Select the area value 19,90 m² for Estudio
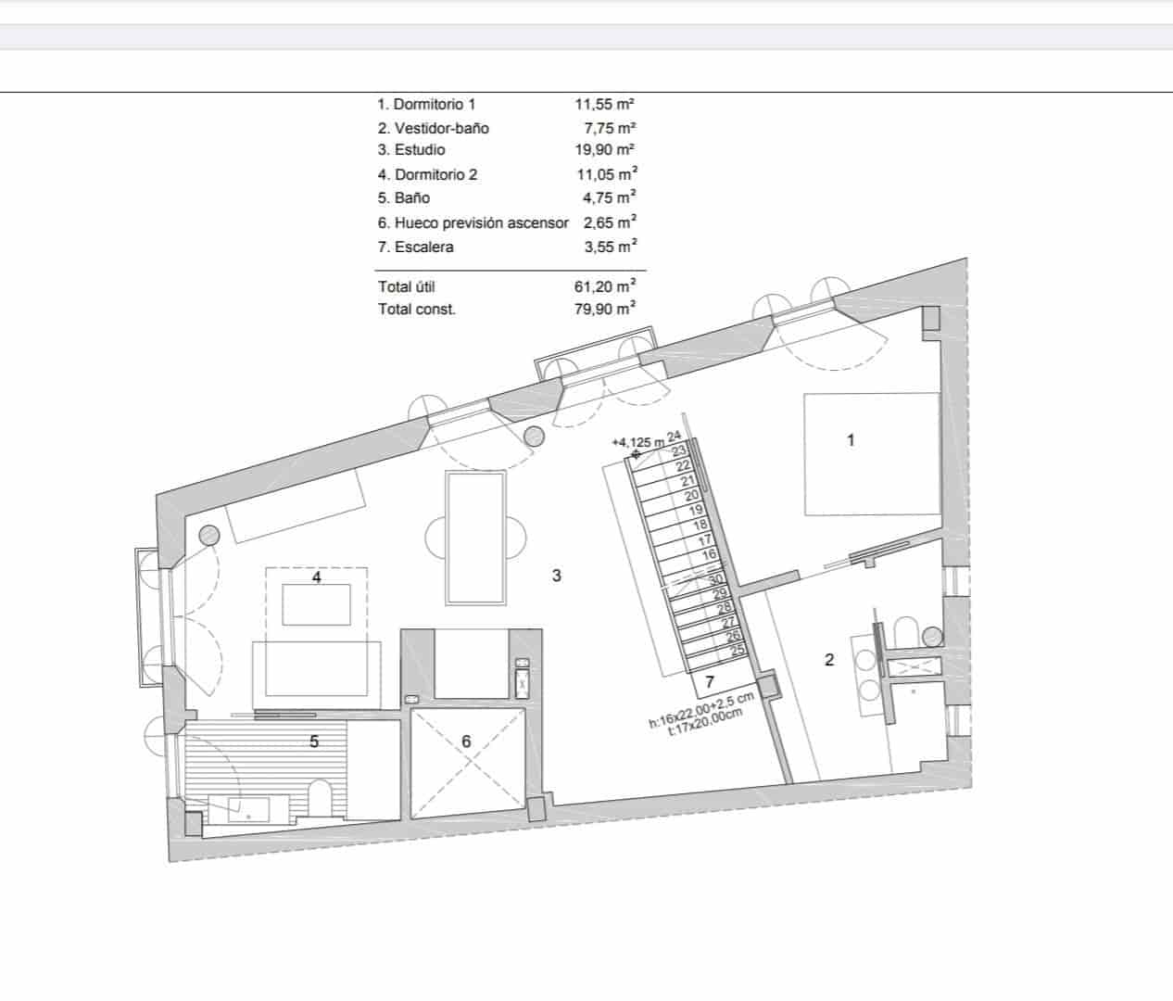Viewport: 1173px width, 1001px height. (604, 149)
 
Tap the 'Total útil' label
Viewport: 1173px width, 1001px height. (406, 286)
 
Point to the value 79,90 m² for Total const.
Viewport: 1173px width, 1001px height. (604, 309)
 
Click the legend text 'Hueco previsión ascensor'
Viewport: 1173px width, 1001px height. (481, 222)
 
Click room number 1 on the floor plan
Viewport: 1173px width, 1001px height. (851, 440)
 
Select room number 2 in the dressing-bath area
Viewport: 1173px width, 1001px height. (829, 660)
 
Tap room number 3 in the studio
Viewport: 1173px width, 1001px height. (556, 576)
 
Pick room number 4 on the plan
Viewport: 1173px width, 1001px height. (317, 577)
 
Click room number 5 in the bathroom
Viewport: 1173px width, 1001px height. (314, 741)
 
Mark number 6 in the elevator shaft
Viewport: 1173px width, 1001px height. (466, 741)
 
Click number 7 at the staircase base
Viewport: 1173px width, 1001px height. (709, 682)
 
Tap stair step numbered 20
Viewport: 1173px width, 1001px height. (690, 496)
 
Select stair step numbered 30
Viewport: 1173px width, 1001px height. (714, 579)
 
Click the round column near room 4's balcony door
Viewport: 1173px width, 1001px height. (208, 534)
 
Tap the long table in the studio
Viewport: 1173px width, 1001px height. (474, 537)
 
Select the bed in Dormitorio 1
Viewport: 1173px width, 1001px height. (871, 453)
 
